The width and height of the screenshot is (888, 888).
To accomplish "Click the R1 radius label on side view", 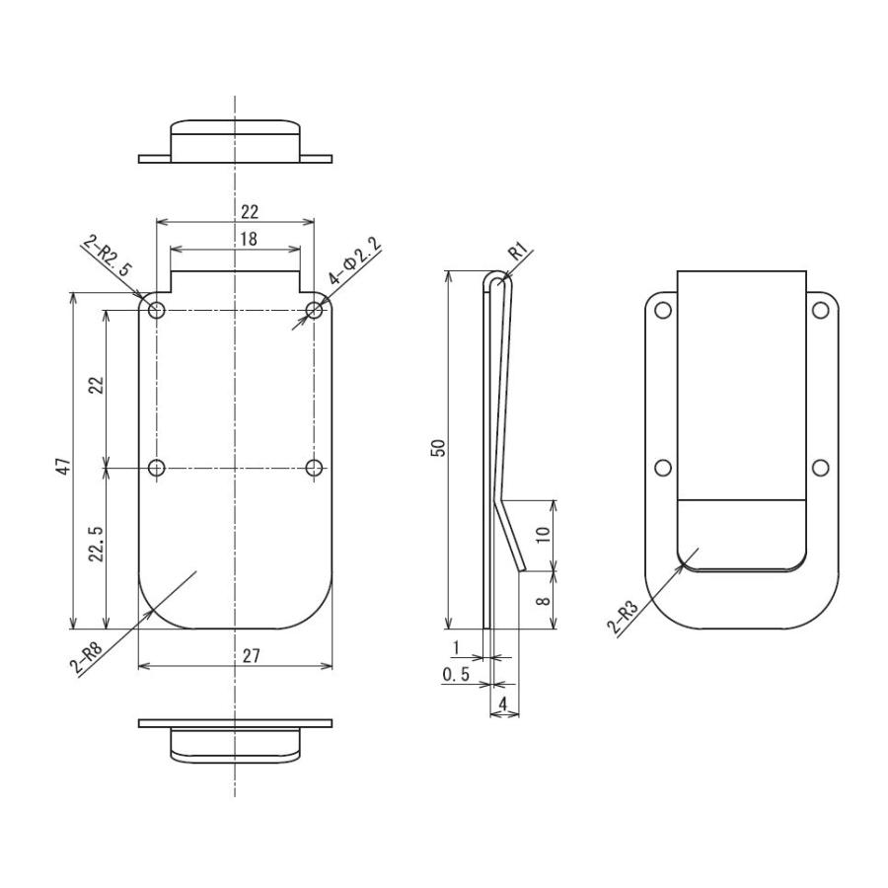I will pos(519,253).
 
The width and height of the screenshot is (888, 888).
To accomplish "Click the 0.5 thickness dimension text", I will pos(455,675).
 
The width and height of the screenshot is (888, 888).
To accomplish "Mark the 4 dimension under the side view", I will pos(504,704).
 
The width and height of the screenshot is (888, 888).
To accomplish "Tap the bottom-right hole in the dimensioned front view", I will pos(314,468).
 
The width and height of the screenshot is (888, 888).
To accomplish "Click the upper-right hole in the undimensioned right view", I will pos(820,311).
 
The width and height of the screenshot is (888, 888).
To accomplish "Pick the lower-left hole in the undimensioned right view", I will pos(663,468).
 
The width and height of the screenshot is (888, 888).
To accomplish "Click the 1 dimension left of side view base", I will pos(455,647).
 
